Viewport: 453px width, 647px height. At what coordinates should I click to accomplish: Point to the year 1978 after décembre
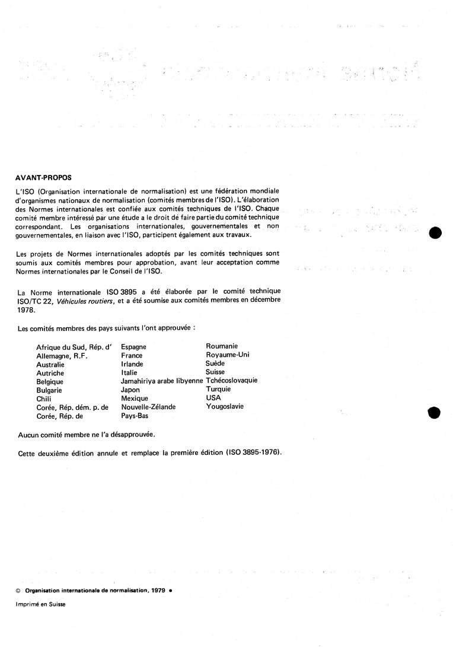tap(27, 309)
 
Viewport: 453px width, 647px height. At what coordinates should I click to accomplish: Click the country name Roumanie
tap(222, 346)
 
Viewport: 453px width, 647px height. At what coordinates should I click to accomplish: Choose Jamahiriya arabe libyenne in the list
tap(162, 381)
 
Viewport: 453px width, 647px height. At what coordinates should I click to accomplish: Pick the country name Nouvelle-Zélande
tap(148, 407)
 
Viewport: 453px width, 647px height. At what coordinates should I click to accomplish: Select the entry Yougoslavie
tap(225, 407)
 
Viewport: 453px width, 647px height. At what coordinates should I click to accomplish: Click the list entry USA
tap(213, 398)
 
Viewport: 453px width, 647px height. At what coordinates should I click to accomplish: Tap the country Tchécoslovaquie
tap(232, 381)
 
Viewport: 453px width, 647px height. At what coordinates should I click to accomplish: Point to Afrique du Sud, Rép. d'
tap(74, 347)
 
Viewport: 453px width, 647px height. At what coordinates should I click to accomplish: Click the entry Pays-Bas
tap(135, 416)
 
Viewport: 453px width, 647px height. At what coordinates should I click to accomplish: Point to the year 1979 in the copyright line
tap(157, 591)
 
